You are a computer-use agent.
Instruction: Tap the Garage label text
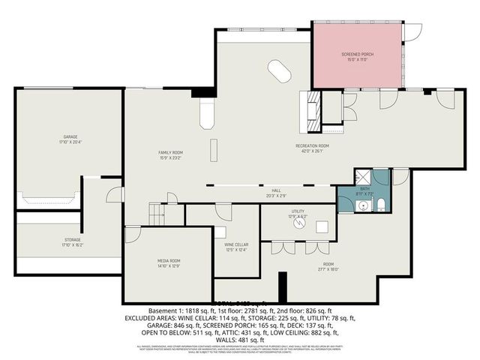(x=71, y=136)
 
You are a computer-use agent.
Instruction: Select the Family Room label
(x=170, y=152)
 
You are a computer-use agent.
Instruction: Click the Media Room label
(x=169, y=260)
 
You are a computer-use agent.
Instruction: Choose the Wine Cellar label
(x=236, y=244)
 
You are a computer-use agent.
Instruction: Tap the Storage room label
(x=71, y=239)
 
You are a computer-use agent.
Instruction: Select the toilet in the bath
(x=379, y=206)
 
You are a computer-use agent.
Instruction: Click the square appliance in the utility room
(x=323, y=226)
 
